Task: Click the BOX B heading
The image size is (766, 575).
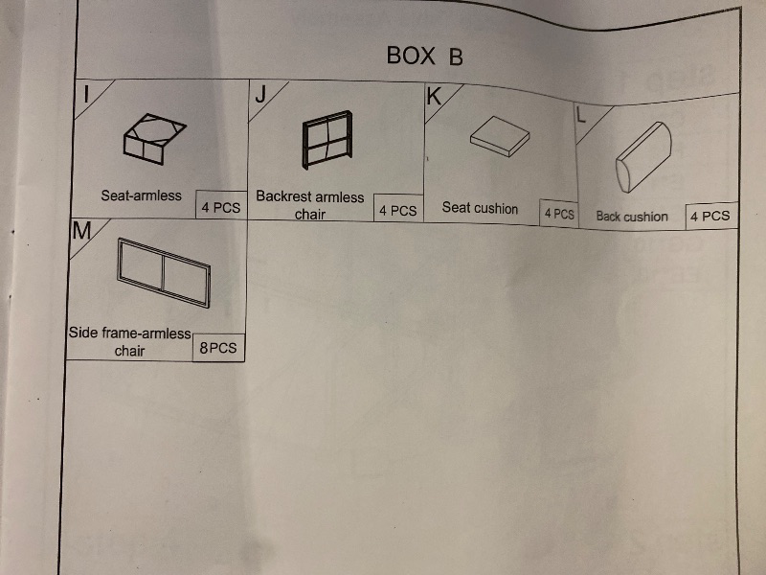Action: [x=424, y=56]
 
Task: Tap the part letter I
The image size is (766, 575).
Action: [x=86, y=94]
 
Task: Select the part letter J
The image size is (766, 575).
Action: [x=261, y=94]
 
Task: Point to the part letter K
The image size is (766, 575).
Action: [x=434, y=97]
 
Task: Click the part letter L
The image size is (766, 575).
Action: [x=580, y=115]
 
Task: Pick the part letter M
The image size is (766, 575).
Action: [x=81, y=231]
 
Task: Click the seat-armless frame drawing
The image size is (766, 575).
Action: [x=154, y=139]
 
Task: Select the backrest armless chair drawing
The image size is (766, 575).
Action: [x=327, y=140]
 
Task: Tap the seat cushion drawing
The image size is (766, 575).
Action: [x=500, y=136]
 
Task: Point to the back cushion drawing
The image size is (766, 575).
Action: [x=643, y=157]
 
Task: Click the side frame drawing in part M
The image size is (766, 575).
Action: [x=164, y=272]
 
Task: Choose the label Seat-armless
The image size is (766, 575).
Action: [x=141, y=195]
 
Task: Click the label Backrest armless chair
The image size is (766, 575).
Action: [x=310, y=205]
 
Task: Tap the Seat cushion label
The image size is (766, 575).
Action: [x=480, y=208]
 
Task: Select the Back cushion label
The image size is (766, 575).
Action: [x=632, y=217]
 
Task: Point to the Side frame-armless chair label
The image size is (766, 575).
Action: [x=129, y=342]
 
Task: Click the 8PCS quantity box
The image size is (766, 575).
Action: [x=218, y=348]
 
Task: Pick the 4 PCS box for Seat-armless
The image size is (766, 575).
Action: [x=221, y=205]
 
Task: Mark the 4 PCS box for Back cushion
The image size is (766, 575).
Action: [x=711, y=217]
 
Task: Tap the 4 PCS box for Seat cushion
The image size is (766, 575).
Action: [x=559, y=213]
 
